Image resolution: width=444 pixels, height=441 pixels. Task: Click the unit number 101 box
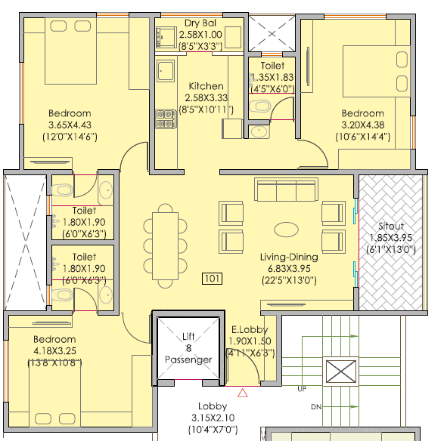pyautogui.click(x=213, y=279)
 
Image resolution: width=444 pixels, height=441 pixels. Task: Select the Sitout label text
pyautogui.click(x=390, y=226)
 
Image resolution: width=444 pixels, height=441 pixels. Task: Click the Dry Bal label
pyautogui.click(x=200, y=23)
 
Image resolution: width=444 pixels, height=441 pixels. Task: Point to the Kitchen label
pyautogui.click(x=206, y=86)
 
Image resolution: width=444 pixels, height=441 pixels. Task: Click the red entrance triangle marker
pyautogui.click(x=243, y=393)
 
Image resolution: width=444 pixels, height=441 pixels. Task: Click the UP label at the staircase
pyautogui.click(x=302, y=390)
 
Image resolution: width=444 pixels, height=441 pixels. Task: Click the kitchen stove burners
pyautogui.click(x=162, y=118)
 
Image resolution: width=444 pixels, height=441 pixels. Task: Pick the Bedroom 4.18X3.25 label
pyautogui.click(x=54, y=340)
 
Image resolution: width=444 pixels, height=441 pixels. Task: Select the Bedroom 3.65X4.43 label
pyautogui.click(x=70, y=114)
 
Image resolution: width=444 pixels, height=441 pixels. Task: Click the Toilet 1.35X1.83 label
pyautogui.click(x=271, y=66)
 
